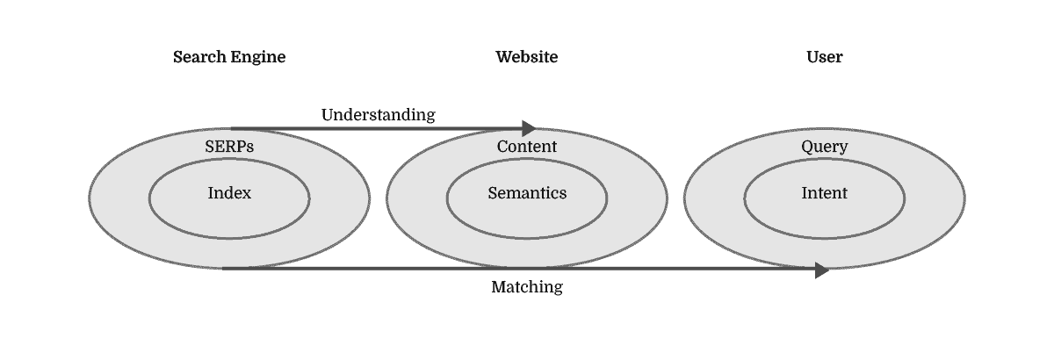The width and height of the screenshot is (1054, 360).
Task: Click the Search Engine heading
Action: [x=229, y=57]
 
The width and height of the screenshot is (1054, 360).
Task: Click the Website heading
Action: [x=527, y=57]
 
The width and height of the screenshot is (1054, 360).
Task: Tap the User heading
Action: [x=825, y=57]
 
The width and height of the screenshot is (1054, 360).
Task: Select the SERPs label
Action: [x=229, y=147]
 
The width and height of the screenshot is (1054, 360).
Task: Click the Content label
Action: [x=527, y=147]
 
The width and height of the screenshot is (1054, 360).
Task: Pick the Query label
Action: [x=825, y=147]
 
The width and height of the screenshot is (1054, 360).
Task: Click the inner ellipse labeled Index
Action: [x=229, y=216]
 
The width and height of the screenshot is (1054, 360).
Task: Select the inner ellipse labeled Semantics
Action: [x=527, y=216]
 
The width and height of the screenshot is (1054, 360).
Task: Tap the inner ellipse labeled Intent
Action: [x=825, y=216]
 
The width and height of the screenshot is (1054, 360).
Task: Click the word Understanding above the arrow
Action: [x=378, y=114]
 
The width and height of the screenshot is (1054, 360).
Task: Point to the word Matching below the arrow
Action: [x=527, y=287]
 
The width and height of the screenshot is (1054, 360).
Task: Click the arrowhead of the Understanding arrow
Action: [x=529, y=128]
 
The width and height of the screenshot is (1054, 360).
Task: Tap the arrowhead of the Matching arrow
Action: [x=822, y=270]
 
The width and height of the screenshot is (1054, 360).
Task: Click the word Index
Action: [x=229, y=193]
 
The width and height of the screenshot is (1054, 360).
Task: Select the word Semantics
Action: [x=527, y=193]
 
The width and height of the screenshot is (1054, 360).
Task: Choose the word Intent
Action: [x=825, y=193]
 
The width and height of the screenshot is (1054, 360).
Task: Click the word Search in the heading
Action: [x=200, y=57]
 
